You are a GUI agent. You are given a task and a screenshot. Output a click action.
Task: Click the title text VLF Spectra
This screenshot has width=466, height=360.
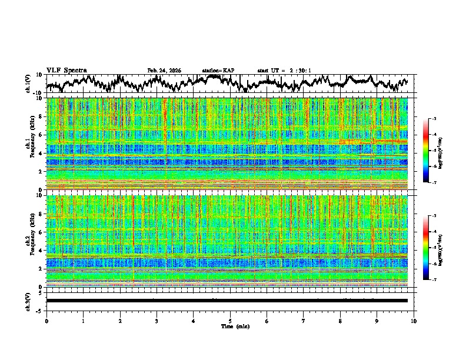66,70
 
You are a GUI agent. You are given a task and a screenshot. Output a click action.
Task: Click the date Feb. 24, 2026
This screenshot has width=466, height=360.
164,71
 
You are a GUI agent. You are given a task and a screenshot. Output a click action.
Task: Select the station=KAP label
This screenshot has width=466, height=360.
218,71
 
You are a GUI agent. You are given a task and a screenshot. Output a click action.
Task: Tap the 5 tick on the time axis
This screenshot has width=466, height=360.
230,321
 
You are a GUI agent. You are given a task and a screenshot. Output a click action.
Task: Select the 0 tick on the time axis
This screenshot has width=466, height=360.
46,321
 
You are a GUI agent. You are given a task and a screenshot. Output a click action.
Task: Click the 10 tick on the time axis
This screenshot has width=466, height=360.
414,321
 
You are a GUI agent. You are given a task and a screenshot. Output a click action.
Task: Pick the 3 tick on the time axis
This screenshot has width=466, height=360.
157,321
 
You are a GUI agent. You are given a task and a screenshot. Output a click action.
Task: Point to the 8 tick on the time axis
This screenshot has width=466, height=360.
340,321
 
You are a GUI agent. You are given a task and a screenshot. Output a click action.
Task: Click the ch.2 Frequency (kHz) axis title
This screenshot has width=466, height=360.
29,241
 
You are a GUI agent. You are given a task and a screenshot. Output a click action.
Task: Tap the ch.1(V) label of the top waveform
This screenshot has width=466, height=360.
29,84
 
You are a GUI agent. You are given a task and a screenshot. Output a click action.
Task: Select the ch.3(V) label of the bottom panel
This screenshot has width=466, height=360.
29,301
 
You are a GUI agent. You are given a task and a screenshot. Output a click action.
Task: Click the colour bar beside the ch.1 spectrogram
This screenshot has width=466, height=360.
427,151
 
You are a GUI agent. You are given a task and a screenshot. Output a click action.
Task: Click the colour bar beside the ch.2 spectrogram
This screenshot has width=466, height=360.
427,248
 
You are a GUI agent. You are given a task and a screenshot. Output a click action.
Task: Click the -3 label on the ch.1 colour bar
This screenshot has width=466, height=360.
434,119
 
